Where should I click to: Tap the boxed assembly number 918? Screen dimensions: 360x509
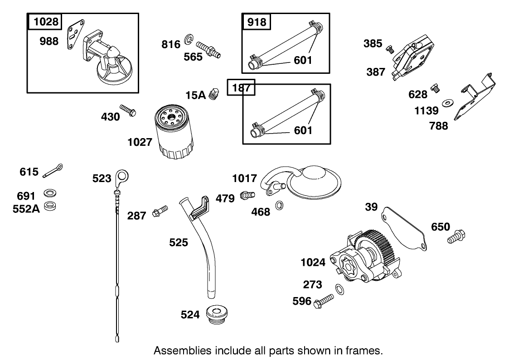(256, 22)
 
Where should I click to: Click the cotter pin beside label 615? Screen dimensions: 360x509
(53, 171)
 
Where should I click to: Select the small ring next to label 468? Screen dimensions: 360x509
(280, 205)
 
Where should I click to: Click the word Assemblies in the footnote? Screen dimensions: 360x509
(180, 350)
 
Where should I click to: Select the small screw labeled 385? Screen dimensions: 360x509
(388, 48)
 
